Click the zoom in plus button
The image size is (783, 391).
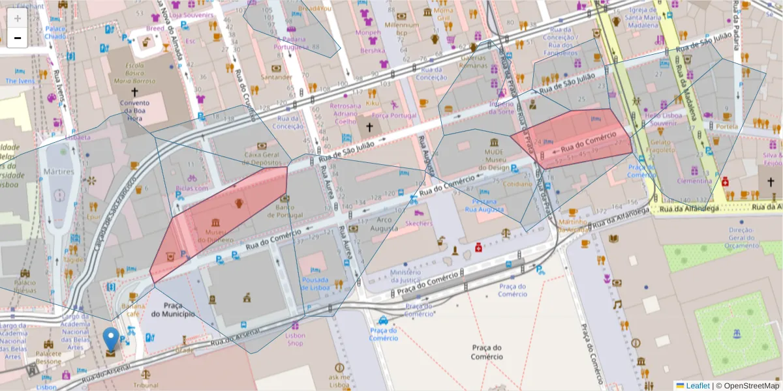(18, 18)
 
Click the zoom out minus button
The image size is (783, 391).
(18, 38)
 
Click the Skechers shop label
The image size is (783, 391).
(418, 224)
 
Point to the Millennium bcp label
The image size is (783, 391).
(401, 29)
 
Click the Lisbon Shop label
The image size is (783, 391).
(295, 340)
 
